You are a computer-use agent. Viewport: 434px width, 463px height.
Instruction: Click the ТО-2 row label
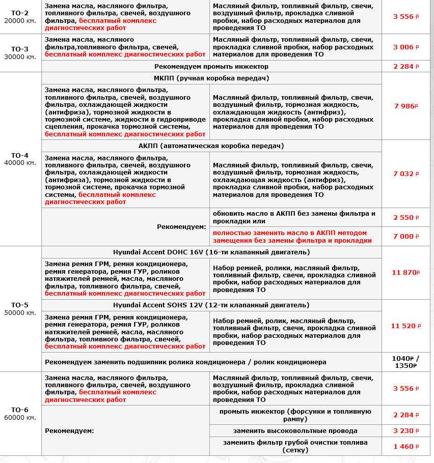[20, 13]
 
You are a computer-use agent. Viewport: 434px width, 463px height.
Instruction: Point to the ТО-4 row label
[20, 155]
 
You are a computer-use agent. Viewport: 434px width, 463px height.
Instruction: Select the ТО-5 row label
[20, 305]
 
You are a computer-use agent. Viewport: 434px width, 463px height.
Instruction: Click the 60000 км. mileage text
[20, 418]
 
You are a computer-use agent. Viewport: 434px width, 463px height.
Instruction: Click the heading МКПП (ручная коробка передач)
[211, 78]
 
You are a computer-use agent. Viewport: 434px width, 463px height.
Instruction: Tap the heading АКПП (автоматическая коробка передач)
[211, 146]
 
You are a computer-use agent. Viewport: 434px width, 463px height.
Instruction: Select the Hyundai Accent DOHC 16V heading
[211, 252]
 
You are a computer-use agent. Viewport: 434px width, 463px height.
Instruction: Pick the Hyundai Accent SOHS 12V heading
[211, 305]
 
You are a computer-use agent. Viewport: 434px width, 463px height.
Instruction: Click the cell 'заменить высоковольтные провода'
[295, 431]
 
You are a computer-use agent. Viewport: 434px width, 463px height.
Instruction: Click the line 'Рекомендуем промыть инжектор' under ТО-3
[211, 67]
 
